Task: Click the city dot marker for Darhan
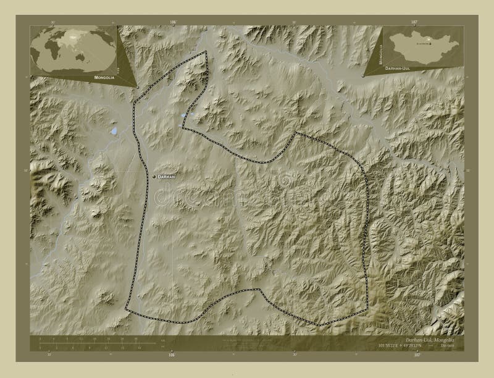pos(155,177)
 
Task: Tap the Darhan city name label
pos(169,177)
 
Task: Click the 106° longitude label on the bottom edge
pos(172,355)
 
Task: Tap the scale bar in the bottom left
pos(86,343)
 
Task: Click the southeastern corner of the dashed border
pos(320,324)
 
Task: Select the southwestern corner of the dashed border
pos(127,308)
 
